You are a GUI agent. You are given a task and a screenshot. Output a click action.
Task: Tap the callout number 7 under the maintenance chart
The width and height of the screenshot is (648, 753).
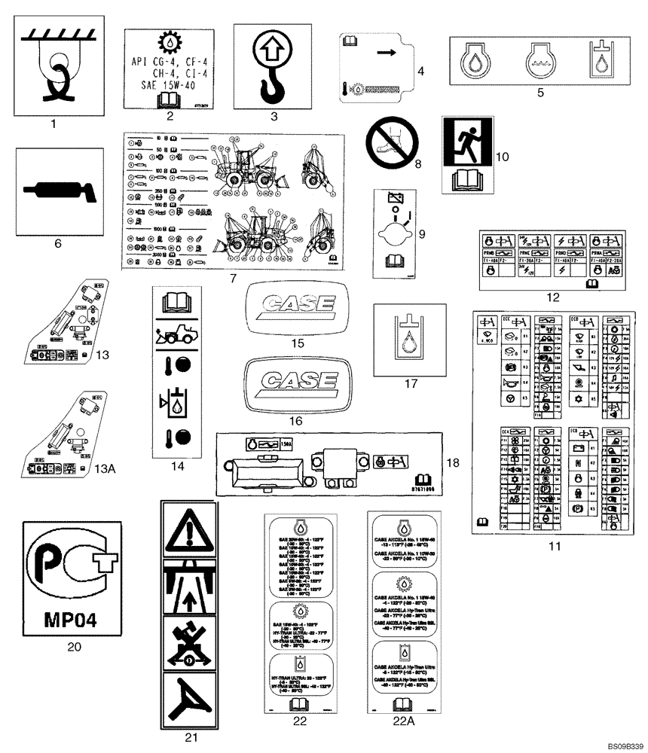click(x=233, y=278)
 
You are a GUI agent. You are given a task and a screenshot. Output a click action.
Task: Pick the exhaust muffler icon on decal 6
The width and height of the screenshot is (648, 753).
click(x=60, y=191)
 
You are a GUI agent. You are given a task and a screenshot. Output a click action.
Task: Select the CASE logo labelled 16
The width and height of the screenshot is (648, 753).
click(x=295, y=379)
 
